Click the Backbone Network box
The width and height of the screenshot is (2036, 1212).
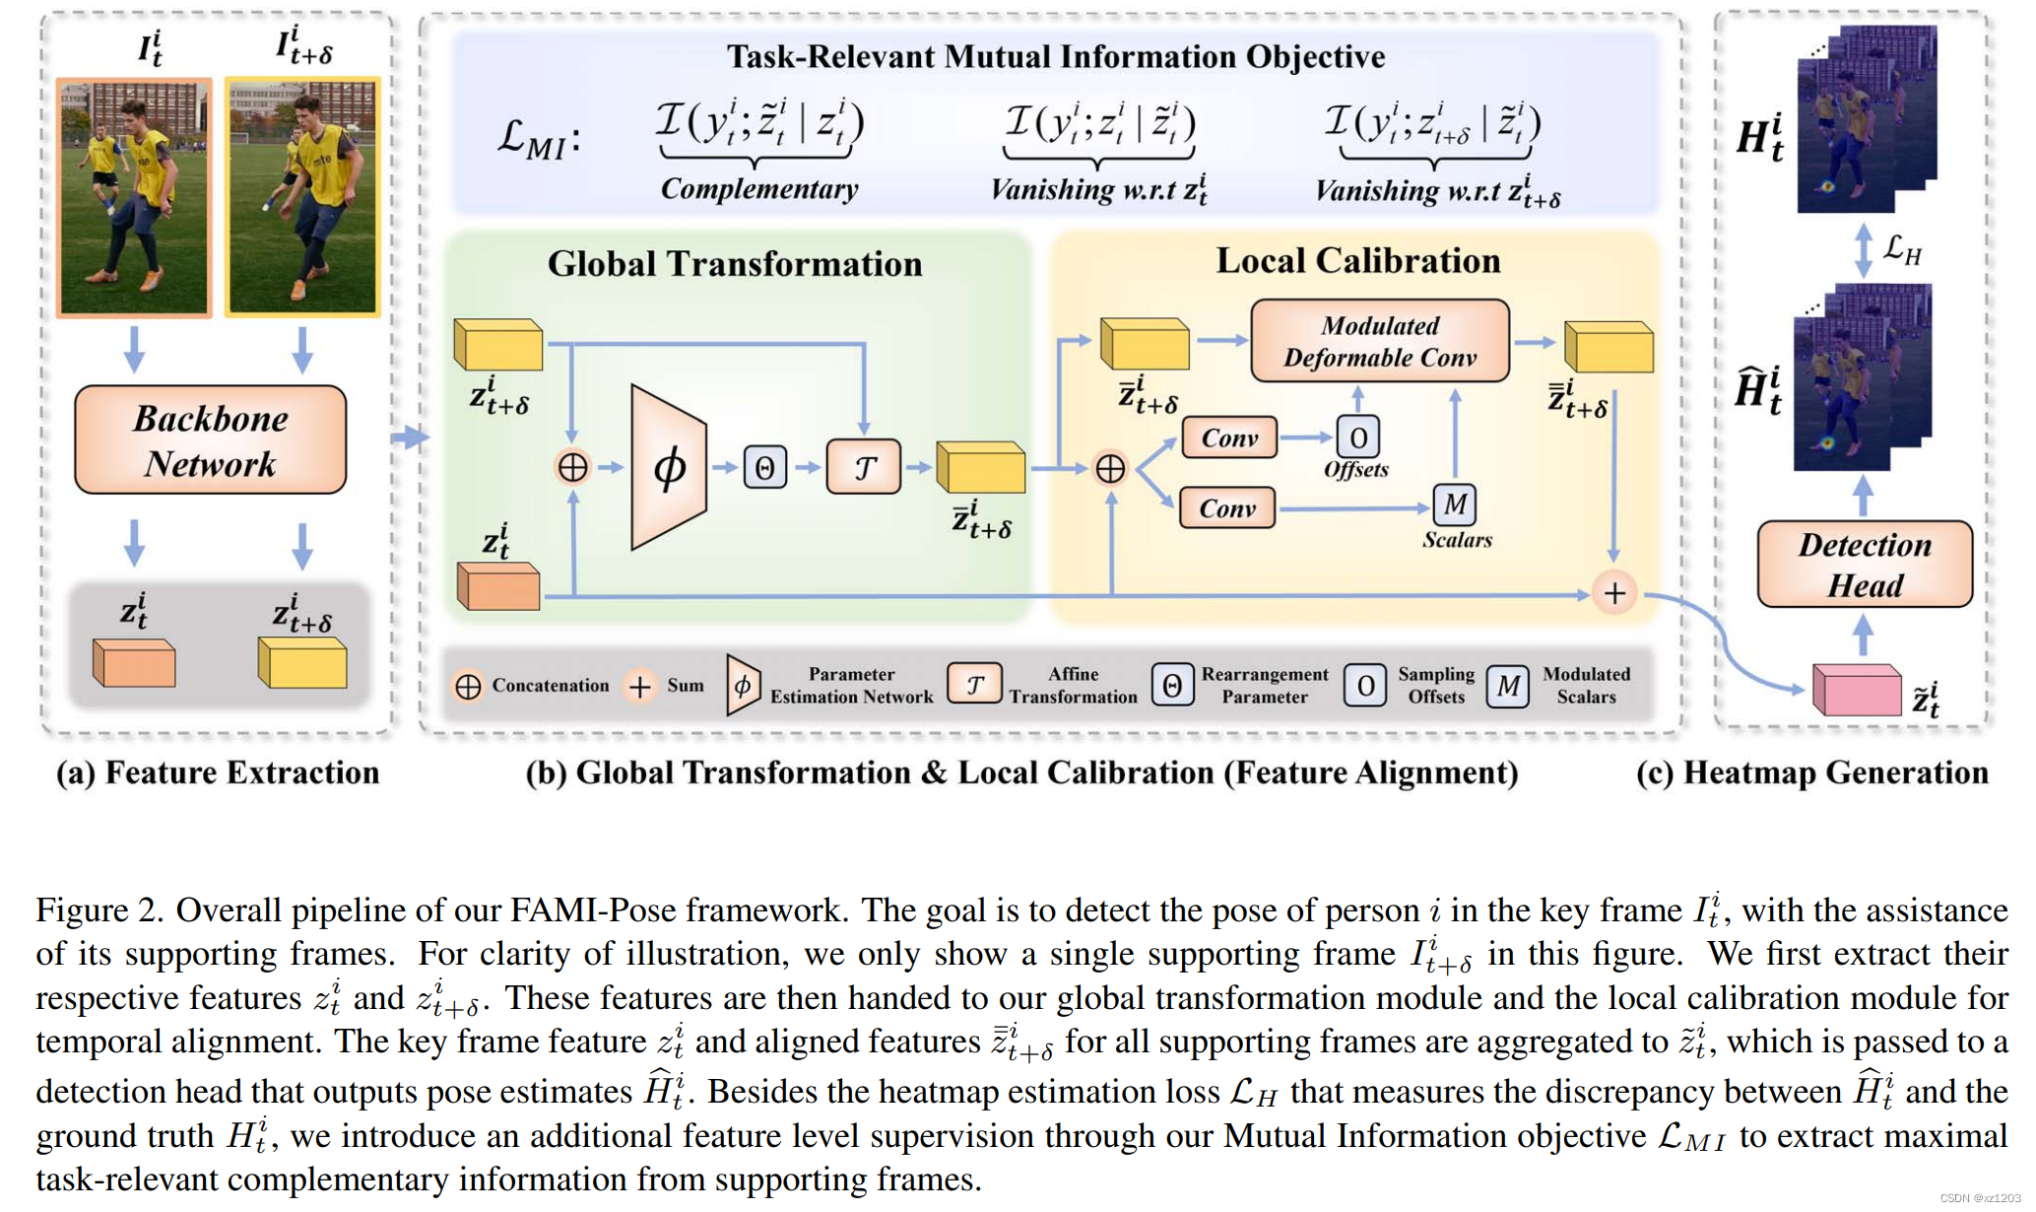pos(210,440)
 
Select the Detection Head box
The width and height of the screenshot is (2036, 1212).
pos(1864,565)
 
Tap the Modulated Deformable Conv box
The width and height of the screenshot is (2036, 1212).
pos(1379,341)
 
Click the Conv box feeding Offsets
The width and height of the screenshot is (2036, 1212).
pos(1228,438)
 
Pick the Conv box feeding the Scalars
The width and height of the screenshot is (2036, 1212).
pos(1226,508)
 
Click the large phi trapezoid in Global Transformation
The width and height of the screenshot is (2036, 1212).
pos(669,467)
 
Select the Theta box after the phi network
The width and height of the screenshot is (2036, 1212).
pos(764,467)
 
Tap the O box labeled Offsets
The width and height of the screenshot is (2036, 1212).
pos(1357,437)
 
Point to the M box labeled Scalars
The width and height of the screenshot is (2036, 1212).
pos(1454,505)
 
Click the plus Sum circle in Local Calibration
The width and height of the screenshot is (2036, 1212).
pos(1613,593)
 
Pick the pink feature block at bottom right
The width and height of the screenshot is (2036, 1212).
pos(1856,690)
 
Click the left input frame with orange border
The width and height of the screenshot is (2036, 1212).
pos(135,198)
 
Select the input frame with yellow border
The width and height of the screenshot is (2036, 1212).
pos(302,197)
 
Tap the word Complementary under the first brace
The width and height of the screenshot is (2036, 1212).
pos(758,189)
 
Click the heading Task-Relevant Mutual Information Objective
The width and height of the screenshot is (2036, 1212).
pos(1055,57)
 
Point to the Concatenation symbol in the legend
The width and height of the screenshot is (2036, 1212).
pos(468,686)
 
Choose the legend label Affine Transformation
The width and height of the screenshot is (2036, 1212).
pos(1072,686)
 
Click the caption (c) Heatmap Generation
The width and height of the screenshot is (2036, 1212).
pos(1810,774)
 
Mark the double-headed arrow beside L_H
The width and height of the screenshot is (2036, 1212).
pos(1863,250)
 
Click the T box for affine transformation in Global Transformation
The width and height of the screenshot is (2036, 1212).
pos(863,467)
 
